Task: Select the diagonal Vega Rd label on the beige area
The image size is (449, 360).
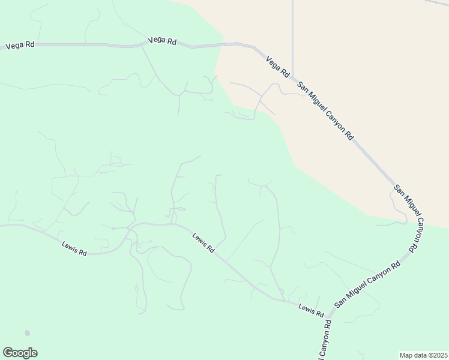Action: tap(277, 65)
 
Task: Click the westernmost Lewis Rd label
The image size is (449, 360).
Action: tap(74, 248)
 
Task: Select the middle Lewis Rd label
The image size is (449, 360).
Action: tap(203, 242)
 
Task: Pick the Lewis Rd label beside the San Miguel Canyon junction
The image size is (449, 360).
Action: tap(311, 311)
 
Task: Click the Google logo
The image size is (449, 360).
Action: tap(20, 353)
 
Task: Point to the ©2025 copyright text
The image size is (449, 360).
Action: tap(438, 355)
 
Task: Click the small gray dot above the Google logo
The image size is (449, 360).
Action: tap(27, 333)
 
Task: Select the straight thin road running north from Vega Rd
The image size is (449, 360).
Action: tap(292, 36)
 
